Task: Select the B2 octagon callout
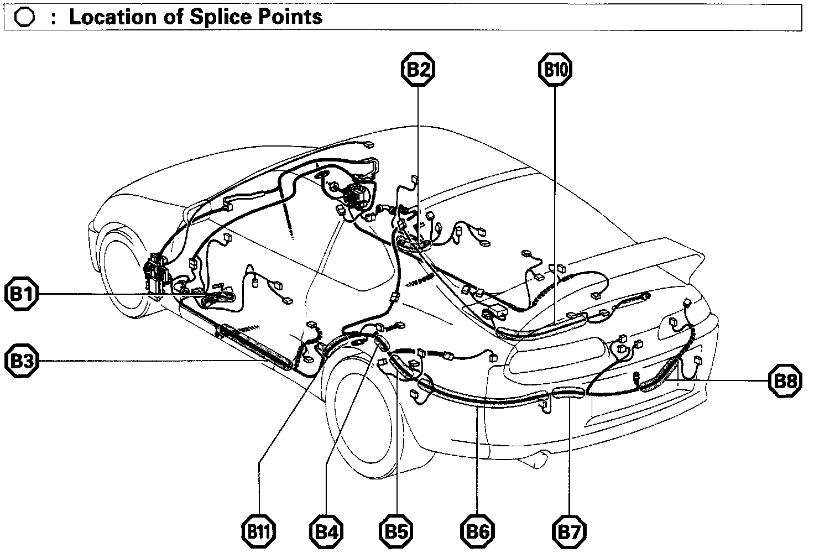point(418,69)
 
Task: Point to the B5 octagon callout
point(396,533)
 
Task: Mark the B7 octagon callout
point(569,533)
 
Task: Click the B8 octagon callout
point(785,382)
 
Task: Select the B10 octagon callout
point(555,69)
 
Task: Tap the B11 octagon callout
point(259,533)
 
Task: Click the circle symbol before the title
point(25,18)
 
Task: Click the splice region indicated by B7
point(568,393)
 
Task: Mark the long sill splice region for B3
point(254,346)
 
